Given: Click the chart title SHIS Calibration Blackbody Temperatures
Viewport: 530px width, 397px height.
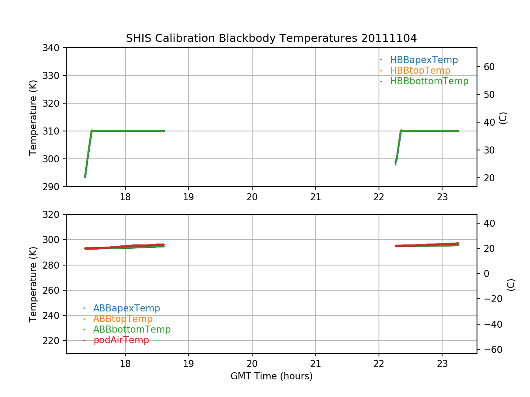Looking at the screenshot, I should point(271,38).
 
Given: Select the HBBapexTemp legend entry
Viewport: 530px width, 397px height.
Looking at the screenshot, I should point(424,60).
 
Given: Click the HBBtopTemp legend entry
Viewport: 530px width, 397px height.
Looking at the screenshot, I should point(420,71).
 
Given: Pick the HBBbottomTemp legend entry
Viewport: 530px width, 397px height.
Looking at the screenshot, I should point(429,81).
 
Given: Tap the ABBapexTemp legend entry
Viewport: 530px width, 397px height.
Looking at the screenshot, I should point(126,308).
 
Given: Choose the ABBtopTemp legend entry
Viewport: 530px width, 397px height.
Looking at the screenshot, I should point(123,319).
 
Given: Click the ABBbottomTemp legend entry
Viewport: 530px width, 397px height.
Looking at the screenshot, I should point(132,330).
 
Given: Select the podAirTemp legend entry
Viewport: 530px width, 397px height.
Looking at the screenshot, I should point(121,340).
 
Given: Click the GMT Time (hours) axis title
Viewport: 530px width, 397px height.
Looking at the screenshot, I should point(271,376).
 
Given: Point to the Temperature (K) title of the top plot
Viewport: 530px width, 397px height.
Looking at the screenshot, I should point(33,117).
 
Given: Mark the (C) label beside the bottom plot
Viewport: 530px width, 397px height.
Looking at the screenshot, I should point(511,285).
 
